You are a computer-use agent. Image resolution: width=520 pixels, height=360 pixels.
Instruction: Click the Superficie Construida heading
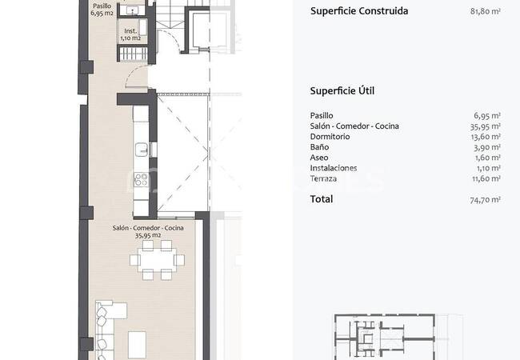[359, 11]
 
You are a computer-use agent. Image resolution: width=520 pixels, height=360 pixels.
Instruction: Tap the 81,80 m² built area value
[485, 11]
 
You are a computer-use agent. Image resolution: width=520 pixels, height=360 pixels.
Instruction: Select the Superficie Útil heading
[342, 91]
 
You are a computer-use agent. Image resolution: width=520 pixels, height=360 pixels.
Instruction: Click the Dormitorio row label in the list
[330, 137]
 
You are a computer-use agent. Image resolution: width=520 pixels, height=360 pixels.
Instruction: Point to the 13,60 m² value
[486, 137]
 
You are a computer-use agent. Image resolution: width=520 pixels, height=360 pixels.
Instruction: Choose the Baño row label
[319, 147]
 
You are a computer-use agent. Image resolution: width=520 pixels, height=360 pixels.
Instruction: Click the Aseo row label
[319, 158]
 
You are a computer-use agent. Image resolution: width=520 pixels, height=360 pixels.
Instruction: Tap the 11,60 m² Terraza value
[486, 178]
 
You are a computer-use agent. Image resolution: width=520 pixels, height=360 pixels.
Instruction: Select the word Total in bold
[322, 199]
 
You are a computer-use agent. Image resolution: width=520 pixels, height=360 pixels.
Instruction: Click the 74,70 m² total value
[485, 199]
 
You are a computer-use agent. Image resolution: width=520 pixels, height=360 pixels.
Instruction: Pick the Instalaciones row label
[334, 168]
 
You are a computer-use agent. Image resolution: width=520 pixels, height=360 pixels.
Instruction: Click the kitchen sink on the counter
[142, 150]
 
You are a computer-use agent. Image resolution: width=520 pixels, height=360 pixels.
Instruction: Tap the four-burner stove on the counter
[141, 180]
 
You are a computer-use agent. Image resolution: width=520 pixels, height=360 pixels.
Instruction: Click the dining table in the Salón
[157, 260]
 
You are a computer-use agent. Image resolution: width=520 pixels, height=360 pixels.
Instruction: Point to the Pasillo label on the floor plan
[102, 6]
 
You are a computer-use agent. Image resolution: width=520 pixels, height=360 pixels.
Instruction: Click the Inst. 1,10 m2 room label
[130, 34]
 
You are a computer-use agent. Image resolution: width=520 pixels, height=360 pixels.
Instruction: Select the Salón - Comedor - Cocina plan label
[148, 232]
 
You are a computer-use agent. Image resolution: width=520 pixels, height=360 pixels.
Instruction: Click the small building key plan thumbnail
[385, 337]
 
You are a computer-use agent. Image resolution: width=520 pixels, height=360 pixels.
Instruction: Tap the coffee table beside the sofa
[137, 345]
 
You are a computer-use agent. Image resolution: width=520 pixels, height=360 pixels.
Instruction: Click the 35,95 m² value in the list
[485, 126]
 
